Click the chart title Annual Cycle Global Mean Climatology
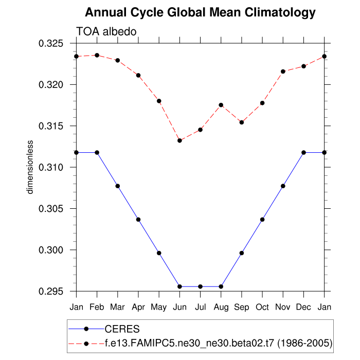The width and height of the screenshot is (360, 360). [x=200, y=12]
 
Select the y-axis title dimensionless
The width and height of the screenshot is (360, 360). [x=30, y=167]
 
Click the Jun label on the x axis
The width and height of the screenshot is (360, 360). [x=179, y=307]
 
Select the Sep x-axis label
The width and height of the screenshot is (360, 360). [x=242, y=307]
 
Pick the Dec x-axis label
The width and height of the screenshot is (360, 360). [x=303, y=307]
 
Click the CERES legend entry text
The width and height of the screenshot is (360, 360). [x=122, y=329]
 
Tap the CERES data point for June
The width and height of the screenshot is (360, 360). [x=179, y=286]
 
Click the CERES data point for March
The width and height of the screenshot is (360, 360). [x=118, y=186]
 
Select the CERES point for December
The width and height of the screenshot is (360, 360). [x=303, y=152]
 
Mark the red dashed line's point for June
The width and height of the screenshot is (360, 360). [x=179, y=140]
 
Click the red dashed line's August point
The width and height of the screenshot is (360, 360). [x=221, y=105]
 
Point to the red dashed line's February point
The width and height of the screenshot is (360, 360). [x=97, y=55]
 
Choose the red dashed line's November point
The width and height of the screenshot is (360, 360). [x=283, y=71]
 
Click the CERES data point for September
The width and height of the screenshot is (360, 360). [x=242, y=253]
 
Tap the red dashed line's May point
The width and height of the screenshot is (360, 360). [x=159, y=101]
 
